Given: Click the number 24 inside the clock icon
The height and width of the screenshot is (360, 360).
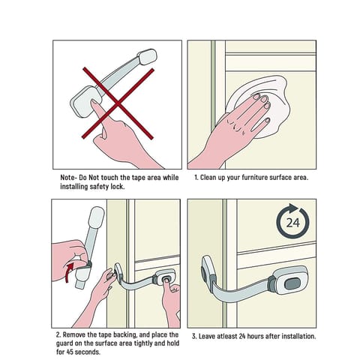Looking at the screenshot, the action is pyautogui.click(x=292, y=223).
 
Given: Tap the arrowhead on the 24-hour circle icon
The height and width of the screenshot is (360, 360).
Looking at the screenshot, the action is pyautogui.click(x=293, y=208).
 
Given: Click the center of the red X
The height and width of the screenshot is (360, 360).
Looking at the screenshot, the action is pyautogui.click(x=118, y=103).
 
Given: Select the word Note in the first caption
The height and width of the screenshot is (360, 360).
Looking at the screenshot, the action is pyautogui.click(x=67, y=178).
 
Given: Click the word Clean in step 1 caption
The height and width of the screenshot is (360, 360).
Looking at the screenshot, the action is pyautogui.click(x=208, y=178).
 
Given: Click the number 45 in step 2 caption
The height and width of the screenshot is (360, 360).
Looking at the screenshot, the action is pyautogui.click(x=70, y=352).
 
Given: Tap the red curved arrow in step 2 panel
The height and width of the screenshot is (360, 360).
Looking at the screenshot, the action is pyautogui.click(x=69, y=272).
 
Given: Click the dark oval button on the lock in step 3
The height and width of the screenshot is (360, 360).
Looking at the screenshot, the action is pyautogui.click(x=292, y=284).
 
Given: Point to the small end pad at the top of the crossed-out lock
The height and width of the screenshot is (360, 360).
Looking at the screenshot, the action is pyautogui.click(x=148, y=56).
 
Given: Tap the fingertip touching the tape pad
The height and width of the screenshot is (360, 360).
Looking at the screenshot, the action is pyautogui.click(x=94, y=103).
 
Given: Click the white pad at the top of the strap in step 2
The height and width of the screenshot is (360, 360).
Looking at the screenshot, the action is pyautogui.click(x=96, y=217).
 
